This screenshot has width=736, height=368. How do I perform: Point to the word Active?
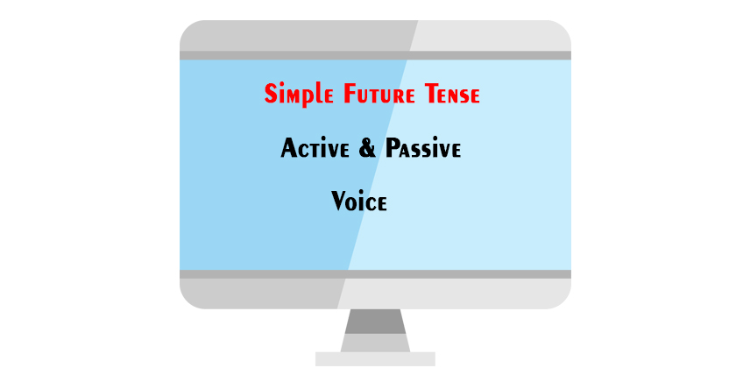point(316,149)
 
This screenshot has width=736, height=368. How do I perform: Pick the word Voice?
point(359,202)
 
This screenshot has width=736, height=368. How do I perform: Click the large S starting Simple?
point(271,94)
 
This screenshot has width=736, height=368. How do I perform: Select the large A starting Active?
point(288,149)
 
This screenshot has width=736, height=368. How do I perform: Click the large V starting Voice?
point(339,202)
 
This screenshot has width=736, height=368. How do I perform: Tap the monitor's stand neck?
point(374,329)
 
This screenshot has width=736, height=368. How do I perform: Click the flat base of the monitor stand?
point(375,358)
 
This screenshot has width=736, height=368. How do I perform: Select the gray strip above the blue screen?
point(375,55)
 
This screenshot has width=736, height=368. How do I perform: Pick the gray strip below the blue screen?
point(375,274)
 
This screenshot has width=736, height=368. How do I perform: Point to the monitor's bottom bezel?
point(375,294)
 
